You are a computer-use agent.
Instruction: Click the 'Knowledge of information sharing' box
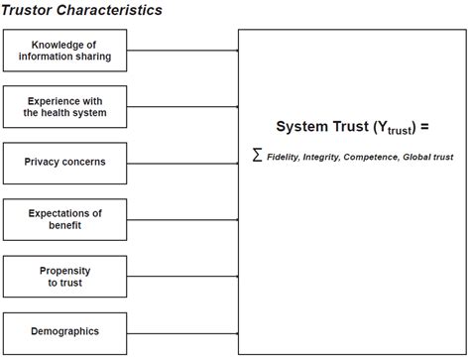pos(65,50)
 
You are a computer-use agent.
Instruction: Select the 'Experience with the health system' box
pos(65,106)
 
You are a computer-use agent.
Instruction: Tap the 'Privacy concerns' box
pos(65,162)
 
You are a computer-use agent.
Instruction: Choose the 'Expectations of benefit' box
pos(65,218)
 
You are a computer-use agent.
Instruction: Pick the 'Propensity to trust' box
pos(65,276)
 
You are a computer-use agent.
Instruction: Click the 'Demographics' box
pos(65,331)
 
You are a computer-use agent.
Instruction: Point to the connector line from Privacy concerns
pos(182,162)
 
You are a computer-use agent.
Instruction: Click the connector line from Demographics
pos(182,331)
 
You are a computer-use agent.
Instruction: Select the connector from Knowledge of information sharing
pos(182,50)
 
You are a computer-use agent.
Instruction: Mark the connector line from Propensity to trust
pos(182,276)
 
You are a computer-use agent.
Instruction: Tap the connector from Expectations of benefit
pos(182,218)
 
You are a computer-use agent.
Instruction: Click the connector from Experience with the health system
pos(182,106)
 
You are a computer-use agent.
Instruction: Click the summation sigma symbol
pos(257,155)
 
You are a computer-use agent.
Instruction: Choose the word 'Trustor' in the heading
pos(31,10)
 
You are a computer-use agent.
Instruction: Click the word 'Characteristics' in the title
pos(112,10)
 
